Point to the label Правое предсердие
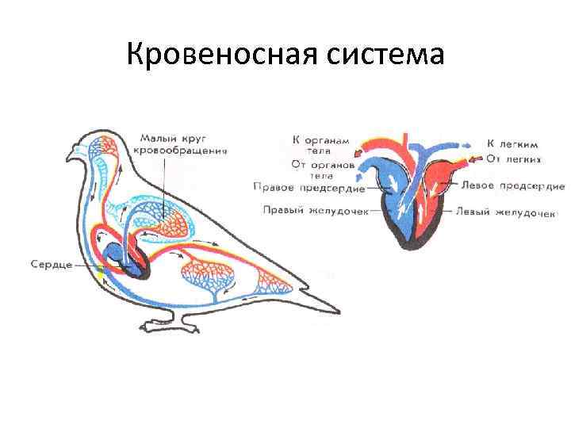tap(308, 188)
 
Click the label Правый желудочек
tap(310, 210)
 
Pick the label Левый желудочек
tap(515, 212)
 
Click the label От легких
tap(514, 159)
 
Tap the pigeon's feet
tap(171, 325)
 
